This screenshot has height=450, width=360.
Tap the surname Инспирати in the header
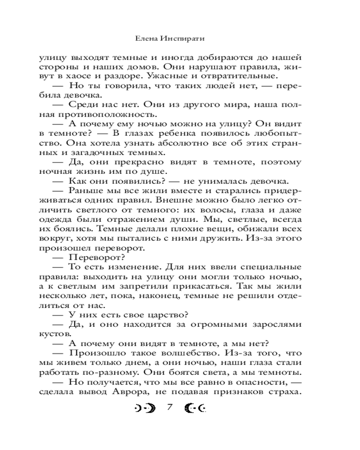pos(180,39)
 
